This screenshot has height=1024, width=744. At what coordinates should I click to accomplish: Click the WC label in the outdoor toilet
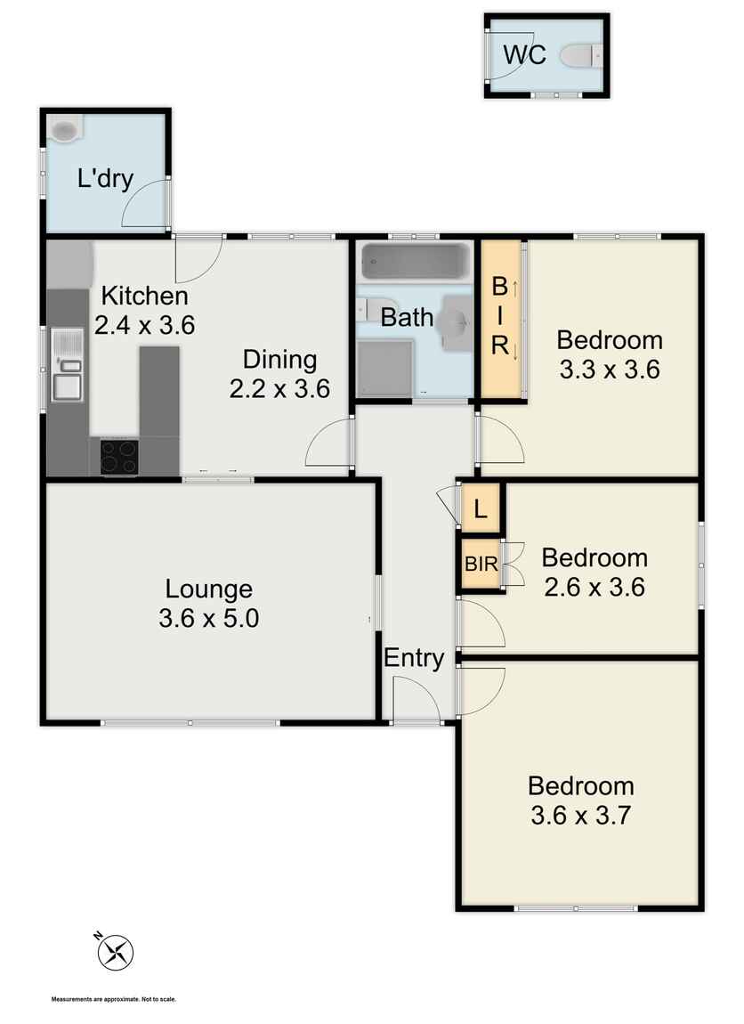[524, 55]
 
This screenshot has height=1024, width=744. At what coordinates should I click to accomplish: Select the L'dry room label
[105, 178]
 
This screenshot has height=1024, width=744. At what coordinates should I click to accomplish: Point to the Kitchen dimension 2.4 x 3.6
[145, 325]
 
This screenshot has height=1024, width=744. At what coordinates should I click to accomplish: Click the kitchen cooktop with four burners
[119, 457]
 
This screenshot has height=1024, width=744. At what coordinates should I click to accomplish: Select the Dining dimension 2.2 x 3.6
[280, 388]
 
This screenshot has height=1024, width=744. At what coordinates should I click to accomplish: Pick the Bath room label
[407, 317]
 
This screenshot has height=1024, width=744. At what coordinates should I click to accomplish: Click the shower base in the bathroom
[385, 368]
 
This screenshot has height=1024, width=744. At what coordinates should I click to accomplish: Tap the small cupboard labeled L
[481, 508]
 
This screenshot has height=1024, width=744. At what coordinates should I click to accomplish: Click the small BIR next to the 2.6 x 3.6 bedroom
[481, 564]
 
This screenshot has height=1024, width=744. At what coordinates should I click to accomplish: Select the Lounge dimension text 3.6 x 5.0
[209, 618]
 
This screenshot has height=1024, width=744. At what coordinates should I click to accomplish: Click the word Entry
[414, 658]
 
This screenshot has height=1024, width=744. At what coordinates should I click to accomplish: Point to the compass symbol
[116, 952]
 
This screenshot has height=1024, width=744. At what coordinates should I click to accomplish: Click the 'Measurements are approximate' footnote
[114, 999]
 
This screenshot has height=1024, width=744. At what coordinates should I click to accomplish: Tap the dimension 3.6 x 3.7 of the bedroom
[580, 815]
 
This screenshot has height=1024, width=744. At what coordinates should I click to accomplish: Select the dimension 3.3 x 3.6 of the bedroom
[610, 370]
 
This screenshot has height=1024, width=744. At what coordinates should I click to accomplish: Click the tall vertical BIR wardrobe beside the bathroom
[500, 319]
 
